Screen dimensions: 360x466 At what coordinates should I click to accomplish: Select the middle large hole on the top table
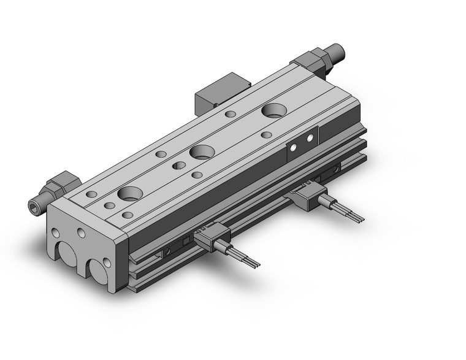pos(199,151)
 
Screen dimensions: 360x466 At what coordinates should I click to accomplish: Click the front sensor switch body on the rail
pos(210,237)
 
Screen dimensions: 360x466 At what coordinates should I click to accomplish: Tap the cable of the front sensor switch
pos(245,257)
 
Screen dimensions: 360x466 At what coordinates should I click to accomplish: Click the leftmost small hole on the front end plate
pos(56,234)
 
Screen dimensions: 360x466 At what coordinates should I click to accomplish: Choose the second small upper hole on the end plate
pos(80,234)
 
